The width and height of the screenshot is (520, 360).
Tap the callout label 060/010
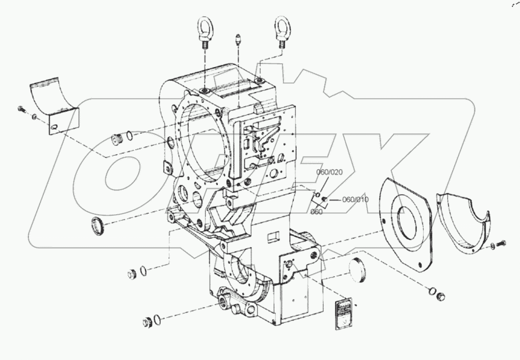pos(355,200)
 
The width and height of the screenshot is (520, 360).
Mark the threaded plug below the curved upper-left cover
pos(116,140)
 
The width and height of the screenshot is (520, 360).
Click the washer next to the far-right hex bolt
pos(492,246)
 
